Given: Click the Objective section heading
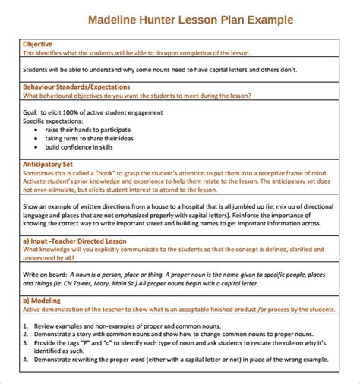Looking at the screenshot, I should [x=38, y=44].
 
